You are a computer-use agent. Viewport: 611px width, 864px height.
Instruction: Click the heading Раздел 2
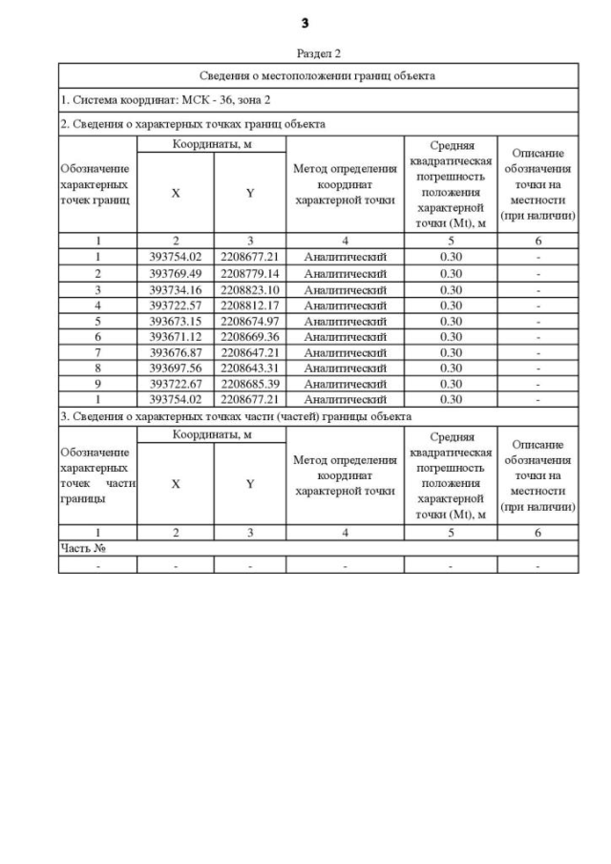coord(317,53)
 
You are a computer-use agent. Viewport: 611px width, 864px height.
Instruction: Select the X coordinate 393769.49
coord(176,274)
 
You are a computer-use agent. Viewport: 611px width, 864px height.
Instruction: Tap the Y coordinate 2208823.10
coord(249,289)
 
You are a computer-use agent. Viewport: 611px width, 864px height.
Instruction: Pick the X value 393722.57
coord(176,306)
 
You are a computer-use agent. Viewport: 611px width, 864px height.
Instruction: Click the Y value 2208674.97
coord(249,321)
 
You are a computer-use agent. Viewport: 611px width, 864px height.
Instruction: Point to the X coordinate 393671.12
coord(176,337)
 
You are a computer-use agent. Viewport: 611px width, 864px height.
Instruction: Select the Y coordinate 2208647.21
coord(249,352)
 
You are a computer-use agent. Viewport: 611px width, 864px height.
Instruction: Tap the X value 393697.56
coord(176,368)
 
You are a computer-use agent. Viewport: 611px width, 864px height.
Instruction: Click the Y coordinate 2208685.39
coord(249,384)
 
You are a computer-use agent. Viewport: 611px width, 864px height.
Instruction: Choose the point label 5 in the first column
coord(97,321)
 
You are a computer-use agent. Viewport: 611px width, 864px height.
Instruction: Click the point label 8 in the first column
coord(97,368)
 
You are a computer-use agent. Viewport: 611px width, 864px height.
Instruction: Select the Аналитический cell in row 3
coord(345,289)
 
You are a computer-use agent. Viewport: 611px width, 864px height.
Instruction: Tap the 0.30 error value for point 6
coord(451,337)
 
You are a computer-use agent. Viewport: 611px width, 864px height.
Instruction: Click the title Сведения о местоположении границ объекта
coord(318,75)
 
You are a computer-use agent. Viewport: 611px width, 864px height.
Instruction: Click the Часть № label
coord(82,549)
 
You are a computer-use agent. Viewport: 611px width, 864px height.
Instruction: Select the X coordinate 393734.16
coord(176,289)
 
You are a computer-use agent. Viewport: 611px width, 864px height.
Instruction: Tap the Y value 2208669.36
coord(249,337)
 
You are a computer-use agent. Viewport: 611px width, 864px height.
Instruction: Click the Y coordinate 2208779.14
coord(249,274)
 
